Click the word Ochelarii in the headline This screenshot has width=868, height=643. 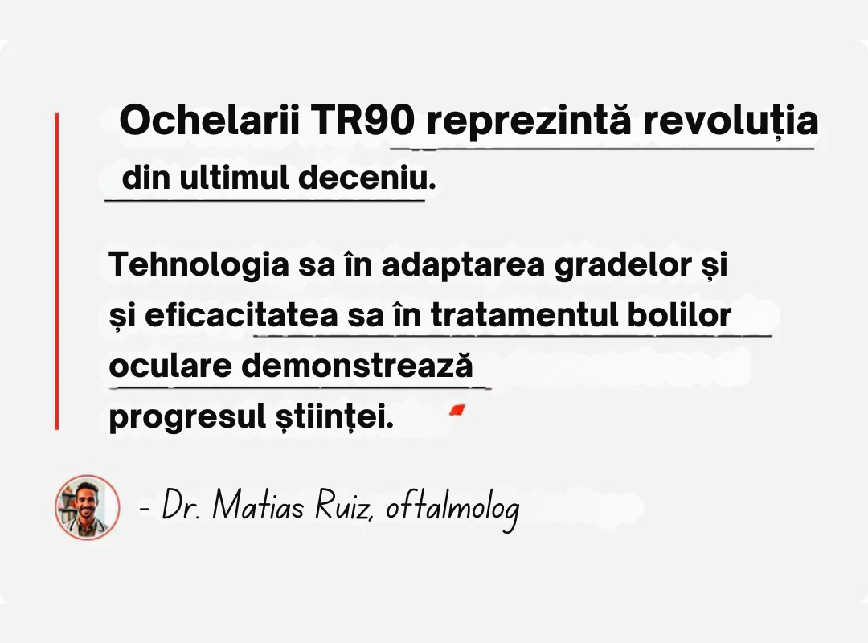coord(210,121)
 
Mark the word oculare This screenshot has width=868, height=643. coord(170,367)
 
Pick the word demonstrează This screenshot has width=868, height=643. coord(358,366)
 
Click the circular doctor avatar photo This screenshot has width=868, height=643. coord(87,506)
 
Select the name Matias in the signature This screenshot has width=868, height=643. coord(259,505)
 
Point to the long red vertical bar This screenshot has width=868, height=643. coord(56,271)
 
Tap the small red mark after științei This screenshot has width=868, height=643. coord(457,410)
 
